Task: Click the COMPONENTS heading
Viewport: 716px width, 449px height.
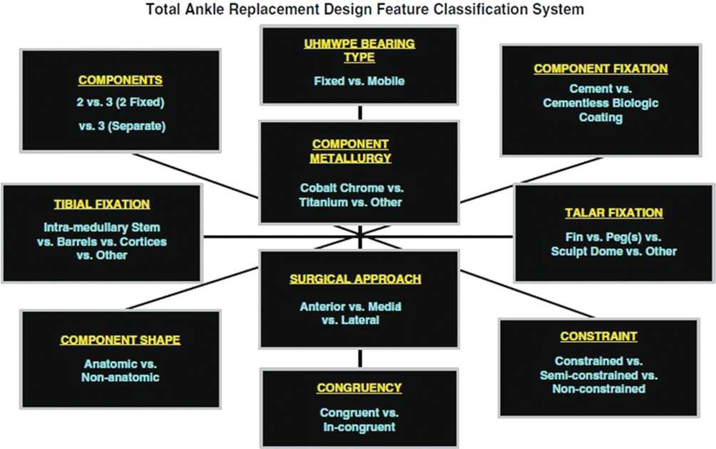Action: [x=120, y=80]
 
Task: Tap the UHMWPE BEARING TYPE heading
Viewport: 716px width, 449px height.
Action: [x=359, y=50]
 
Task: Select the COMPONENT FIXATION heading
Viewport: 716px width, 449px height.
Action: [x=600, y=68]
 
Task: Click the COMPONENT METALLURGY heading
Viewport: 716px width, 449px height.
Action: [x=359, y=151]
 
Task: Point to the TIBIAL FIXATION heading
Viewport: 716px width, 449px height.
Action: [x=102, y=204]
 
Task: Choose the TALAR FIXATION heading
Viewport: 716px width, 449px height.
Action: [x=613, y=212]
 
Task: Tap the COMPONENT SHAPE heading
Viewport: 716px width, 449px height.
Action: [x=120, y=340]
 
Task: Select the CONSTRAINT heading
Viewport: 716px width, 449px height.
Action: [x=598, y=336]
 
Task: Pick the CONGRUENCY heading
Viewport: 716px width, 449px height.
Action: [x=359, y=388]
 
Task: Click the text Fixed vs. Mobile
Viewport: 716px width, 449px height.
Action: [x=359, y=81]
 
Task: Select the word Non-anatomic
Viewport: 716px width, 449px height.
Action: [x=121, y=377]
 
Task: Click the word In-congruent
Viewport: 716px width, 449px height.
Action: [x=359, y=426]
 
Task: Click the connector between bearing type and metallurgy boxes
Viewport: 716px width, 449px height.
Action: [x=359, y=112]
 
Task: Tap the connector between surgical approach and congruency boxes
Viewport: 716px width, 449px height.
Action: [x=359, y=357]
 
